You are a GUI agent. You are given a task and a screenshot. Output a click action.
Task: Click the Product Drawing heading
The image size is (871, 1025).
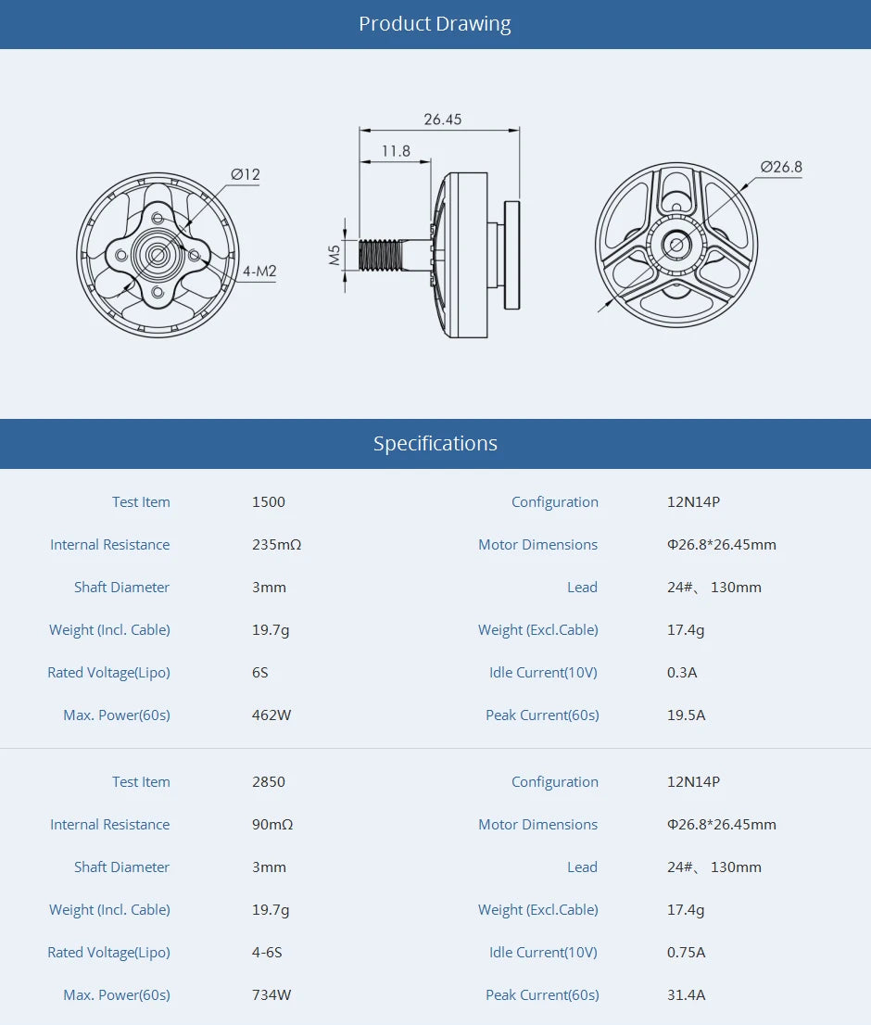pos(435,24)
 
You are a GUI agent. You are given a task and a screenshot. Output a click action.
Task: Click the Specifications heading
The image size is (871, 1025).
pos(435,444)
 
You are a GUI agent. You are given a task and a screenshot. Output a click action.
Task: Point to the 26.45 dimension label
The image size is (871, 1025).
pos(442,120)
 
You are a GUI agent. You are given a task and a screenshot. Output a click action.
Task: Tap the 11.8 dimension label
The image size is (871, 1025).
pos(395,151)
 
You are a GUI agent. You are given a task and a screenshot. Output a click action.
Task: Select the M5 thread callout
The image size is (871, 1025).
pos(335,255)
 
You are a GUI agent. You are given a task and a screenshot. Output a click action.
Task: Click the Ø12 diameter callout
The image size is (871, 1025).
pos(246,174)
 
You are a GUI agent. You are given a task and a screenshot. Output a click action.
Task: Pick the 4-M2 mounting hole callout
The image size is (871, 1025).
pos(259,272)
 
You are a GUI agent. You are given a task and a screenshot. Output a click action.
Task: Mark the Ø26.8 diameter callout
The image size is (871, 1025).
pos(781,167)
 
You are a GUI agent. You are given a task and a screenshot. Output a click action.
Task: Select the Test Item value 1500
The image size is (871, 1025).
pos(269,502)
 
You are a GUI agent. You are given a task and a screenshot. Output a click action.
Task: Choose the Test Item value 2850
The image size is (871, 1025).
pos(269,782)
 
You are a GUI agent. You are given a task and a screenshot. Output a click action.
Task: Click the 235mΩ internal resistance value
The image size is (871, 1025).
pos(276,545)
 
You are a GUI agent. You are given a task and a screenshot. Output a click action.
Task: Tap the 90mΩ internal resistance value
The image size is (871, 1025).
pos(272,825)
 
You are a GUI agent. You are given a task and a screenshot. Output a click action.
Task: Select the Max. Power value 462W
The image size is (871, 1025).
pos(271,715)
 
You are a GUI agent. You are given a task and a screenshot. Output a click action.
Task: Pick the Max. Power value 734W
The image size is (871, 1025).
pos(271,995)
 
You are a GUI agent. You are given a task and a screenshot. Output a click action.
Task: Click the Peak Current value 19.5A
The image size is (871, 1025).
pos(686,715)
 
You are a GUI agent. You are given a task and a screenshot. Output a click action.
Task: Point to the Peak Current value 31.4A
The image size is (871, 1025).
pos(686,995)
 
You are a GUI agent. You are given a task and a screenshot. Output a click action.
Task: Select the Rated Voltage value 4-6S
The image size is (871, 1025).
pos(267,953)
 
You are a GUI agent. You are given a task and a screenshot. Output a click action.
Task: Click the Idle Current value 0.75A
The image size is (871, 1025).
pos(686,953)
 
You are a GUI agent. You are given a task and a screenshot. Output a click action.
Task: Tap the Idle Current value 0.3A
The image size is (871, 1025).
pos(682,673)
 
